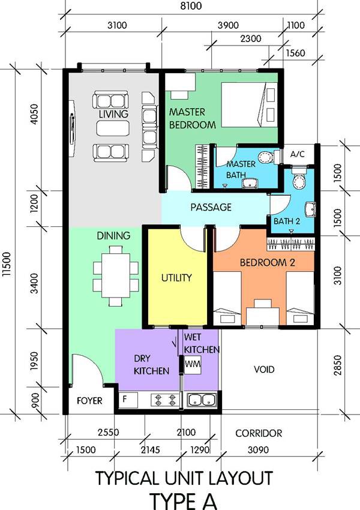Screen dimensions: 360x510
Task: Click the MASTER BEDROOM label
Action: click(x=192, y=118)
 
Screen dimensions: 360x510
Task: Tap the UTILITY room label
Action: click(x=176, y=278)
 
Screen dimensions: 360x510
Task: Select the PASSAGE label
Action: click(x=211, y=207)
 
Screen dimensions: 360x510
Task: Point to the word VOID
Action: click(x=264, y=370)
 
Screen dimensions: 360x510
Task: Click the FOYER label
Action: click(x=89, y=401)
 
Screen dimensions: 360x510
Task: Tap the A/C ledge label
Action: click(x=298, y=154)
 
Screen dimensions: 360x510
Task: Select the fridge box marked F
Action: click(x=128, y=400)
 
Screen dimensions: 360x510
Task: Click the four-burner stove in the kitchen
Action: click(x=165, y=400)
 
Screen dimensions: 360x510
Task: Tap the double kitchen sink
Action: click(x=202, y=400)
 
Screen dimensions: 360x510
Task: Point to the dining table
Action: click(x=116, y=275)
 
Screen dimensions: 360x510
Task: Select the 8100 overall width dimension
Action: click(x=191, y=6)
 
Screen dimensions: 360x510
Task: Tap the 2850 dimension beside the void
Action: click(x=338, y=365)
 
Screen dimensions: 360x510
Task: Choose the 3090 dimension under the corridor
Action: click(x=258, y=450)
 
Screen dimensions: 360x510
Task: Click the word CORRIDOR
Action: click(x=259, y=433)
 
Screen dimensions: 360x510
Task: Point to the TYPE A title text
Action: click(x=184, y=502)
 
